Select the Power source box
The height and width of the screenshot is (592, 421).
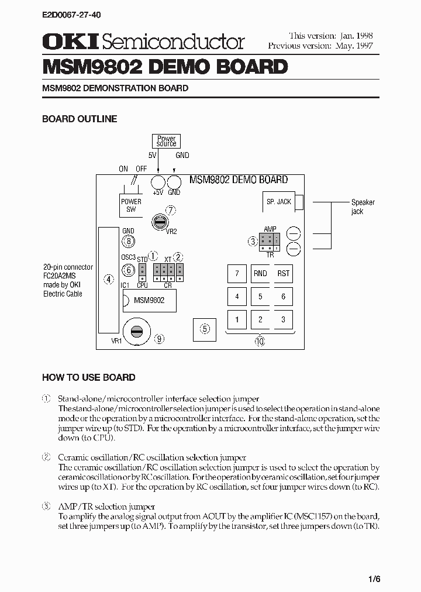(x=166, y=141)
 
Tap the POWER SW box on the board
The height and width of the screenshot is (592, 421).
(x=131, y=205)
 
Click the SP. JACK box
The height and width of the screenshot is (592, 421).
(x=278, y=202)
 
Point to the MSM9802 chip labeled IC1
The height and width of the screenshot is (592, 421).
(x=149, y=300)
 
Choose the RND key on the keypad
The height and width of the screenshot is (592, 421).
(x=260, y=273)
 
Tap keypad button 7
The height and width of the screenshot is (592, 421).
(x=237, y=273)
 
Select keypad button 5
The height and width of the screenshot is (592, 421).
(x=260, y=297)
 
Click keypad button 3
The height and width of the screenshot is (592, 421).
(x=284, y=319)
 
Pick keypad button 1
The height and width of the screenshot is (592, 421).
(x=237, y=319)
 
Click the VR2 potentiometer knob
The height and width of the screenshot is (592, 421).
(x=158, y=222)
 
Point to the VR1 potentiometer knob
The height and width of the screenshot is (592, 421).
(x=137, y=331)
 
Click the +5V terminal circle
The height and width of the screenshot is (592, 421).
(x=158, y=181)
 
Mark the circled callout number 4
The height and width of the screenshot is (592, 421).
(x=108, y=279)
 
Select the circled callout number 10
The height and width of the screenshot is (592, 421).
(x=260, y=342)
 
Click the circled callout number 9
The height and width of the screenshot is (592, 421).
(x=159, y=338)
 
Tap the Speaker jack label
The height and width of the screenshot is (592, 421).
(x=363, y=206)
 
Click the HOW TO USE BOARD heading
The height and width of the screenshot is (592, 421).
(x=89, y=377)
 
